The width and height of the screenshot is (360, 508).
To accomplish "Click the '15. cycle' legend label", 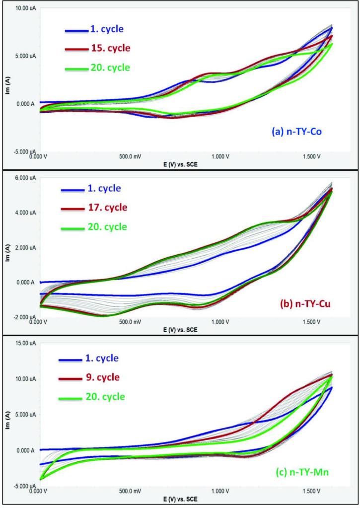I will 110,48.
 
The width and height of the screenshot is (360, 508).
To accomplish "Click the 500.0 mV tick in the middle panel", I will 131,322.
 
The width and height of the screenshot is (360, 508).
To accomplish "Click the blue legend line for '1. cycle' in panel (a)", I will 76,30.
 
